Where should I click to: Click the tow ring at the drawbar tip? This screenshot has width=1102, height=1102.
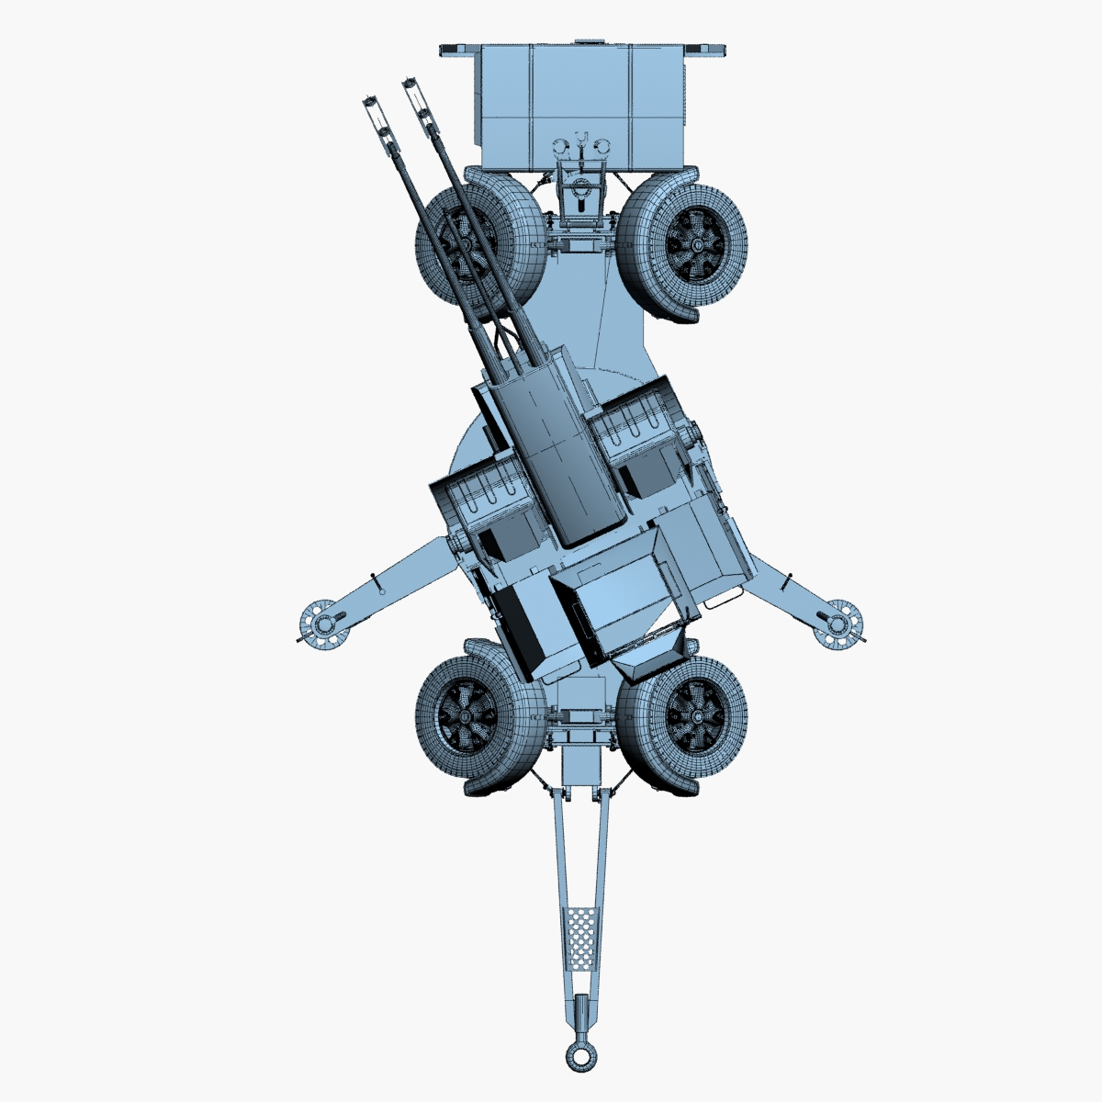point(579,1056)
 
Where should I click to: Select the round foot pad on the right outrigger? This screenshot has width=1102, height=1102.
point(838,624)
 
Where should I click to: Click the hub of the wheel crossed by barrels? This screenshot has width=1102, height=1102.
point(467,245)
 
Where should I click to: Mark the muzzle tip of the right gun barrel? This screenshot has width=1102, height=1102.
point(410,85)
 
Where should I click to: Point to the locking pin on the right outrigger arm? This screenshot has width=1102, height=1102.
point(787,582)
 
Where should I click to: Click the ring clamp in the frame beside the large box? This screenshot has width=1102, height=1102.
point(579,192)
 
